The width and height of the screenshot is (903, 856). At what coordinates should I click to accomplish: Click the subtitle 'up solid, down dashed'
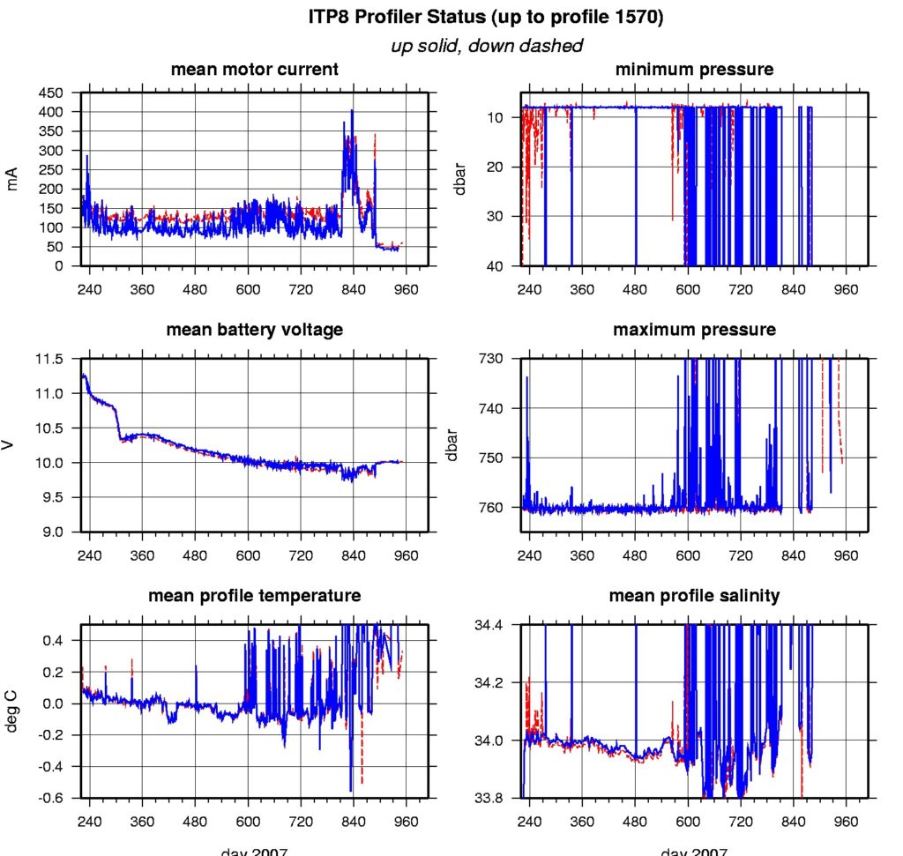487,45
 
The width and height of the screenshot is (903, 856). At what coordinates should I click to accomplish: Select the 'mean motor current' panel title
254,69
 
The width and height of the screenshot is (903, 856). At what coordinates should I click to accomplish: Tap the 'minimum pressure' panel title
694,69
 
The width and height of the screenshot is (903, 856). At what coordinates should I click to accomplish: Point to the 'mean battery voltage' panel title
254,330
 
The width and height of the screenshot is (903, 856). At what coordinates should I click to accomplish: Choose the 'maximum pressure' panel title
694,330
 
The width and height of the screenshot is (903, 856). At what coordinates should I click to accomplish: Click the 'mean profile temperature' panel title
254,596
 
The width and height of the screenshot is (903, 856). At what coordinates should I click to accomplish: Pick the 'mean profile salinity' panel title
694,596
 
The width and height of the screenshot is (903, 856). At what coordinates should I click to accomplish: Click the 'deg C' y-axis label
12,711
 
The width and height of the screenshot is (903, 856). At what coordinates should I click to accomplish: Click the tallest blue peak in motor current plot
352,110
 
